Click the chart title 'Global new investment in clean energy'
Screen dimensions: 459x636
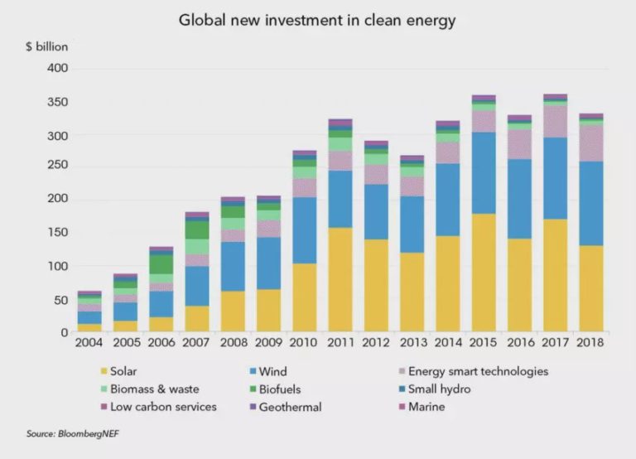click(x=318, y=19)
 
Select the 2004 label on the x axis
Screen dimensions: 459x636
click(x=89, y=342)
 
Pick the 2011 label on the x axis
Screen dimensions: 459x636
click(x=340, y=342)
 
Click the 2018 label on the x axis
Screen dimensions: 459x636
click(x=590, y=342)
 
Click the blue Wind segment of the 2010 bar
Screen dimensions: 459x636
click(x=304, y=230)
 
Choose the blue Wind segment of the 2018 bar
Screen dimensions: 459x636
click(x=590, y=203)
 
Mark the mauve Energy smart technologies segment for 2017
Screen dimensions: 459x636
click(x=554, y=121)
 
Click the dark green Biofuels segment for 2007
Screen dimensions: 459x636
click(x=197, y=229)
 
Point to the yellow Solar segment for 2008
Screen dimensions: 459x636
click(x=233, y=312)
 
